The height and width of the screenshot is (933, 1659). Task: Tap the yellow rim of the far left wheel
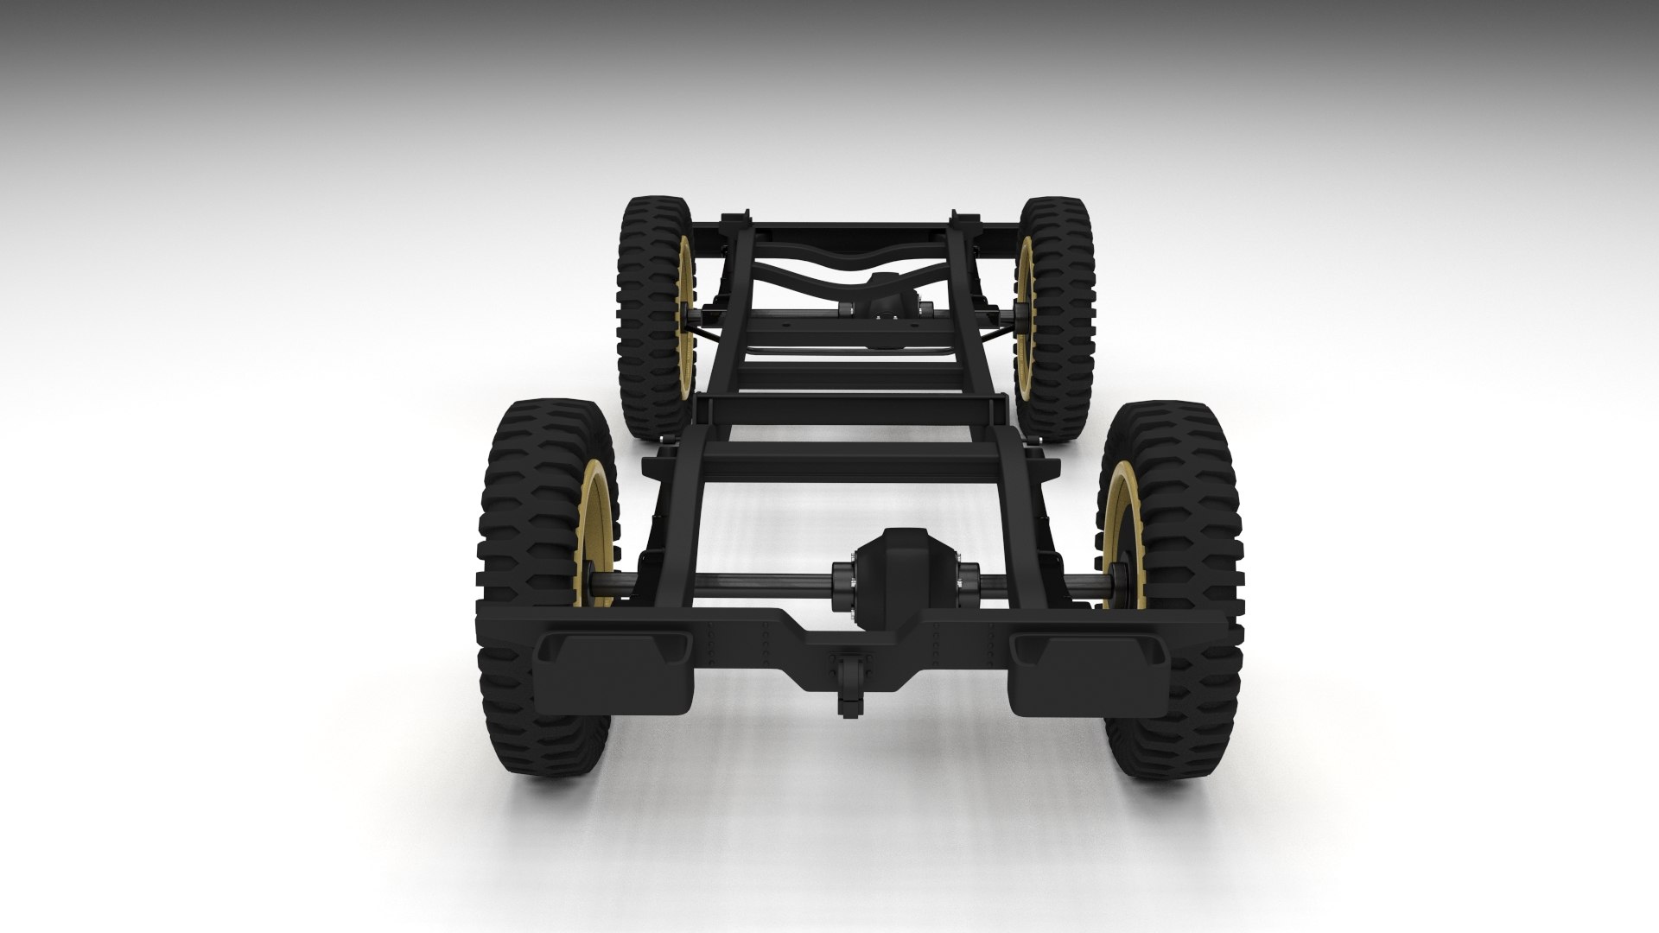[686, 302]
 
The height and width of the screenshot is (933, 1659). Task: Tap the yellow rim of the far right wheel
[1026, 302]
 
